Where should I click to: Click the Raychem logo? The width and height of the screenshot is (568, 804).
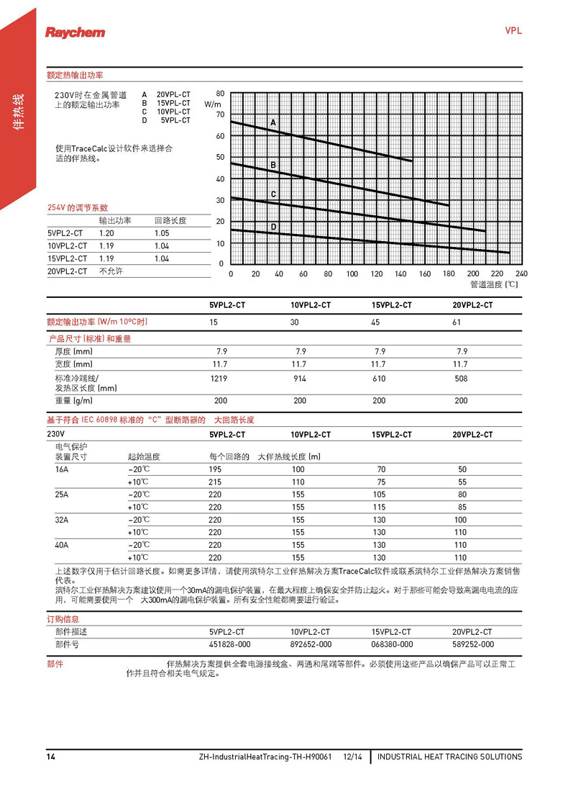click(x=75, y=32)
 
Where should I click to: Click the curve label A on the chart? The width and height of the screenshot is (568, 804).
click(x=273, y=124)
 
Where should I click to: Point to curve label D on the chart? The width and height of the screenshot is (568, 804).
click(x=273, y=227)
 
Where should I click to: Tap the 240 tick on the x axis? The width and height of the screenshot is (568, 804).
click(x=521, y=274)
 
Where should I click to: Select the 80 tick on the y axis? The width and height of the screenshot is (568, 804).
click(x=220, y=94)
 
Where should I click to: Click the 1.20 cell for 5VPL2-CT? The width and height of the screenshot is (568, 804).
click(x=106, y=233)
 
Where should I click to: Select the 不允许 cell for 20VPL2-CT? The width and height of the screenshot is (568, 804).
click(x=111, y=271)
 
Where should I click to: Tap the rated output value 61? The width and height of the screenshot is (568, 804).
click(x=457, y=322)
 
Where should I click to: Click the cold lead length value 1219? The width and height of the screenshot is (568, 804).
click(x=219, y=378)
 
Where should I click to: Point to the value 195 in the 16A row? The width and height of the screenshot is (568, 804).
click(x=216, y=469)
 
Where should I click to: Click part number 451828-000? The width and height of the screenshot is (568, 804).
click(x=230, y=644)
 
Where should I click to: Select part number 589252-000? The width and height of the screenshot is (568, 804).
click(x=473, y=644)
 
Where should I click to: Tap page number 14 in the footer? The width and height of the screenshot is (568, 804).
click(x=51, y=756)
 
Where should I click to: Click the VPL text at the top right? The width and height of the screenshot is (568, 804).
click(x=513, y=31)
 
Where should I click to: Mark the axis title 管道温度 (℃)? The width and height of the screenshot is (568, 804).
click(x=494, y=284)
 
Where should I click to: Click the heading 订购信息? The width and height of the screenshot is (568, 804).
click(x=63, y=618)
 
